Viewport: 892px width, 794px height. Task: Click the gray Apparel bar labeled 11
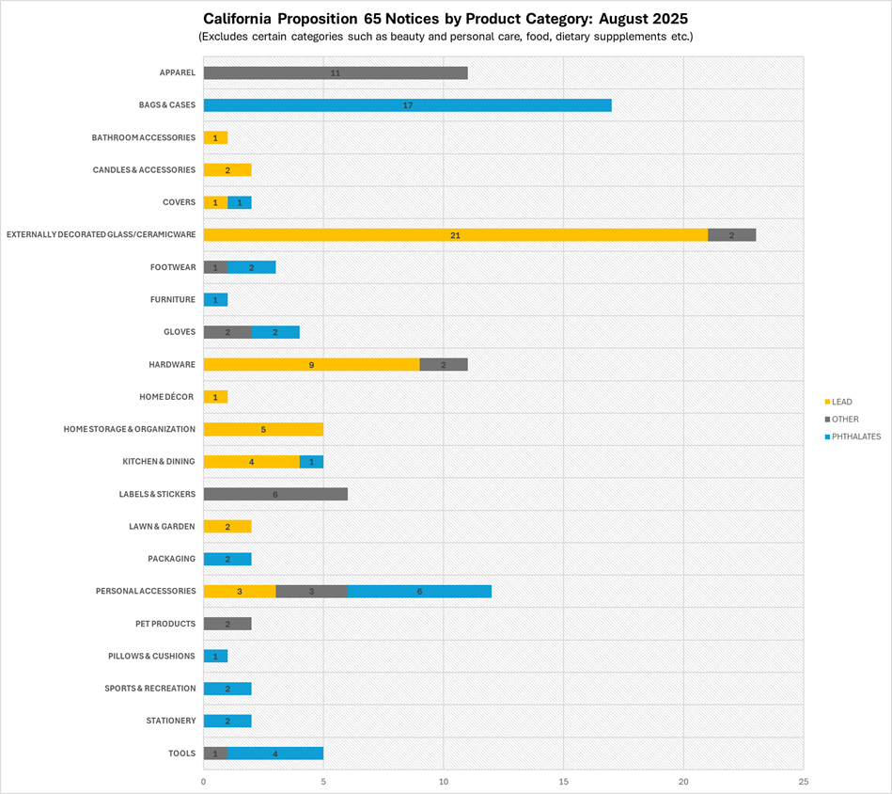pyautogui.click(x=335, y=72)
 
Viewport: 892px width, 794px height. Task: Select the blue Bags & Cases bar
pyautogui.click(x=407, y=105)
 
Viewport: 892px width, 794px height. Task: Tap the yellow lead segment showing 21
pyautogui.click(x=455, y=235)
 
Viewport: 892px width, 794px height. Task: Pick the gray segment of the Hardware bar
pyautogui.click(x=443, y=364)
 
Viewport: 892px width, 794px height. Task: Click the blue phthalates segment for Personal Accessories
pyautogui.click(x=419, y=591)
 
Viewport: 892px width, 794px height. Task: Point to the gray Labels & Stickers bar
pyautogui.click(x=275, y=494)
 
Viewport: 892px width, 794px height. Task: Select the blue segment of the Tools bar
pyautogui.click(x=275, y=754)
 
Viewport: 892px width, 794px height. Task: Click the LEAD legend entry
pyautogui.click(x=841, y=402)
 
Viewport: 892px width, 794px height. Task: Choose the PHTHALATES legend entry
pyautogui.click(x=849, y=437)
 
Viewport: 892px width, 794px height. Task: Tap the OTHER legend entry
pyautogui.click(x=844, y=420)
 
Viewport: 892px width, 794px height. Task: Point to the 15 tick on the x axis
pyautogui.click(x=563, y=781)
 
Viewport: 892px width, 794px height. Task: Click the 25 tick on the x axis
pyautogui.click(x=803, y=781)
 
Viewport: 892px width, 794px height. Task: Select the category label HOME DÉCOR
pyautogui.click(x=166, y=397)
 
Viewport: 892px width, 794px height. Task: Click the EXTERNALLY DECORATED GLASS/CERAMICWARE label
pyautogui.click(x=101, y=235)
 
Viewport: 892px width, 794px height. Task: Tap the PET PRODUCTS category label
pyautogui.click(x=164, y=624)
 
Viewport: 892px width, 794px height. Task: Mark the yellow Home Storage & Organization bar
pyautogui.click(x=263, y=429)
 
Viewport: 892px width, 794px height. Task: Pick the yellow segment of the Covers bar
pyautogui.click(x=215, y=202)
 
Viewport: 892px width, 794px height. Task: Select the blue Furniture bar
pyautogui.click(x=215, y=300)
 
